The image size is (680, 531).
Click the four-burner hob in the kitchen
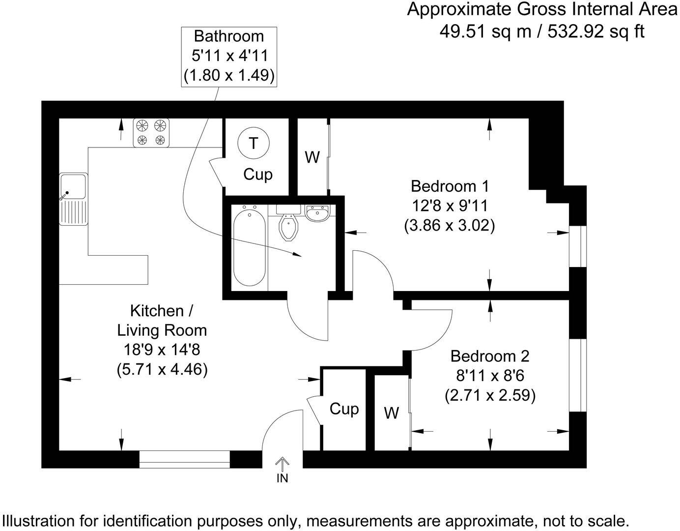click(151, 133)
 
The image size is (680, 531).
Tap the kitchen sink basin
click(73, 186)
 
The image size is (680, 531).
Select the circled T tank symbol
click(253, 143)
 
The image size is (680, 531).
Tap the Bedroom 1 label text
click(450, 186)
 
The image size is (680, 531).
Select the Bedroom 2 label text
click(490, 355)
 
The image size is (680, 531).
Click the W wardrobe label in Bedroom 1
click(312, 158)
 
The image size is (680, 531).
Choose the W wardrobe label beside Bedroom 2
click(391, 413)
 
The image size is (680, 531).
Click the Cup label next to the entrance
click(344, 409)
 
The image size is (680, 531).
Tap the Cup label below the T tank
click(258, 174)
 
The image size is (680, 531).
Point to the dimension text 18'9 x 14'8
click(162, 350)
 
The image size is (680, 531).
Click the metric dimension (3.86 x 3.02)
click(450, 226)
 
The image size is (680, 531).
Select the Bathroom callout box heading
click(228, 36)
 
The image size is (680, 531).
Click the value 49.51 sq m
click(484, 31)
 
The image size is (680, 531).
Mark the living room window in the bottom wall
click(185, 459)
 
